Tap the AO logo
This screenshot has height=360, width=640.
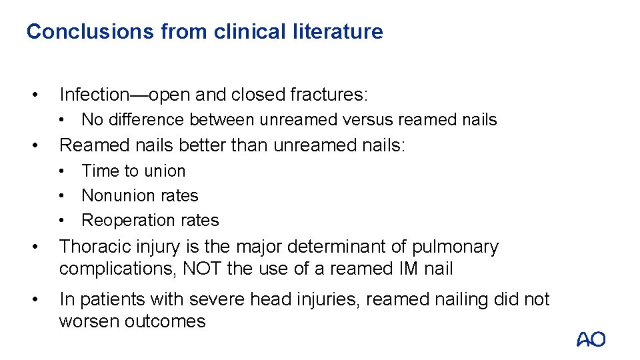(x=591, y=339)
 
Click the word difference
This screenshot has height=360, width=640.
(x=145, y=120)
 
